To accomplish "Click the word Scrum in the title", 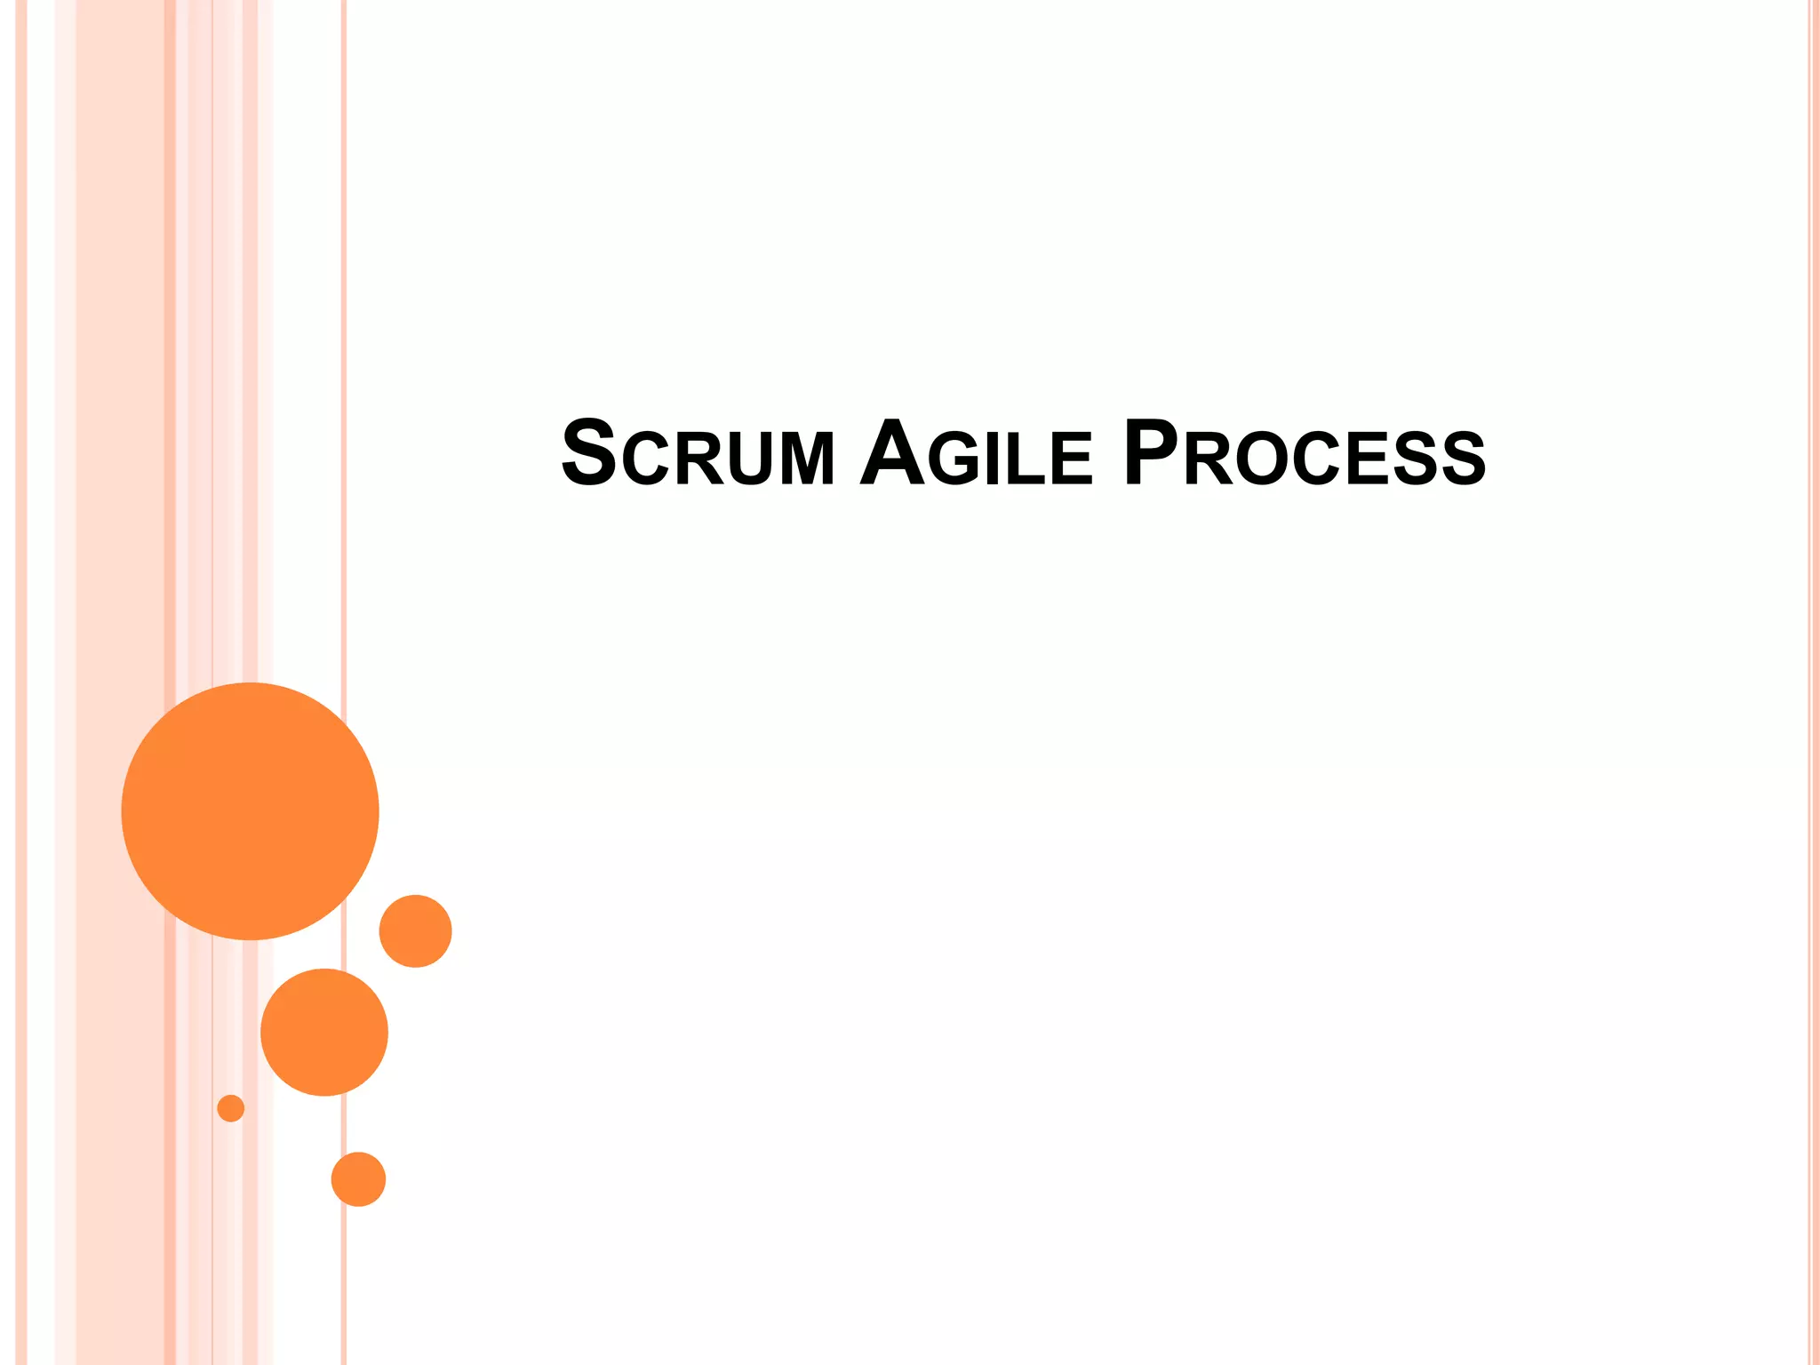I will (698, 454).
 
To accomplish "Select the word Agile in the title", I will (976, 454).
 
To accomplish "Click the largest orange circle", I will (250, 810).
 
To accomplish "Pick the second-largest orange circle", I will (324, 1032).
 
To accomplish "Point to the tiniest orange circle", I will (231, 1108).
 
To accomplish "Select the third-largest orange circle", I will (415, 930).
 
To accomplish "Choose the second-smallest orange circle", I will (358, 1179).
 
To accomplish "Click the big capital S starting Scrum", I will (589, 453).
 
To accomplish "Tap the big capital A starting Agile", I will (892, 453).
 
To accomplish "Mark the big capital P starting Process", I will (1151, 453).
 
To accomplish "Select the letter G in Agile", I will (953, 459).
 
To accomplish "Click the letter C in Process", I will (1318, 459).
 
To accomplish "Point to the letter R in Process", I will (1208, 459).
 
